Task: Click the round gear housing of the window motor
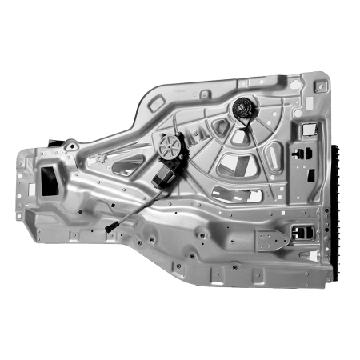pyautogui.click(x=170, y=146)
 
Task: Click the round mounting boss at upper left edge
pyautogui.click(x=70, y=145)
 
